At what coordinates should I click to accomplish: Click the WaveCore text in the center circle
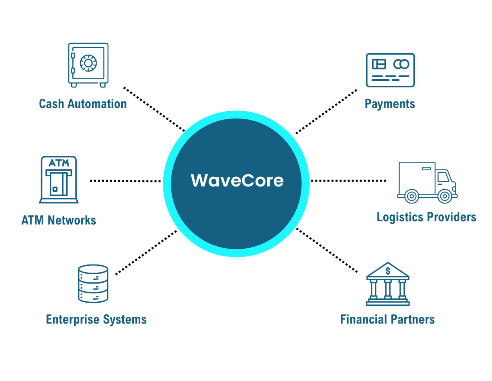pos(237,180)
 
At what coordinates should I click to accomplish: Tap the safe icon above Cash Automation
pos(88,65)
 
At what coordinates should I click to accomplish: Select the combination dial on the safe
pos(88,63)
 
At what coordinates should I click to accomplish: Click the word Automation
pos(97,104)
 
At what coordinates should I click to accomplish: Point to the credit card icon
pos(390,70)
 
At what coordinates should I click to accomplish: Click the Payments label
pos(390,104)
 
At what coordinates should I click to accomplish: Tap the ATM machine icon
pos(59,180)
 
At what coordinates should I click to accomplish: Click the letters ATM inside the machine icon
pos(59,163)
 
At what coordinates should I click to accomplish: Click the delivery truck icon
pos(427,182)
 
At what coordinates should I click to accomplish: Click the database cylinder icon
pos(93,284)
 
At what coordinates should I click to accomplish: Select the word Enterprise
pos(73,320)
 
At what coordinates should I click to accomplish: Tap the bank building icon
pos(388,284)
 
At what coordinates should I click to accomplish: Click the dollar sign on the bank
pos(388,271)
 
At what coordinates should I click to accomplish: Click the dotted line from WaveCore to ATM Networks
pos(125,181)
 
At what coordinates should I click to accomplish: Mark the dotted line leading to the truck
pos(348,180)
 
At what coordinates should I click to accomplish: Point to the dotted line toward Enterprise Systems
pos(146,252)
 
